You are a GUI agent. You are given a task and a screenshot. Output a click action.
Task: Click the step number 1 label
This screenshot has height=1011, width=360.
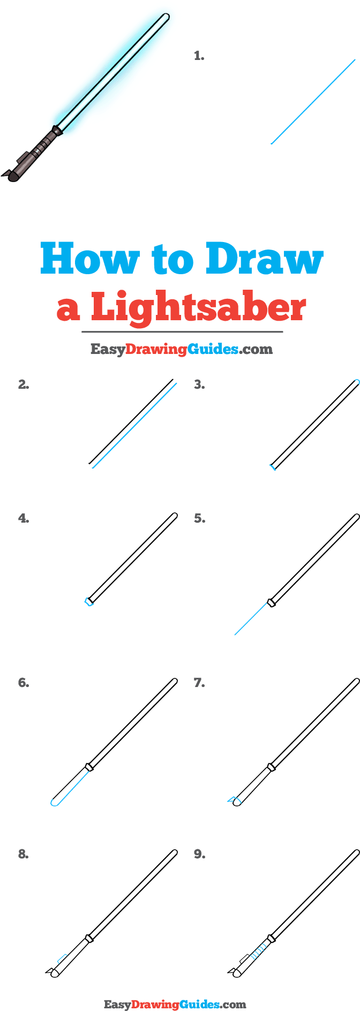click(x=199, y=56)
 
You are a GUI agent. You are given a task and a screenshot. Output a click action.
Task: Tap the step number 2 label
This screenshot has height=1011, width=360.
click(x=24, y=384)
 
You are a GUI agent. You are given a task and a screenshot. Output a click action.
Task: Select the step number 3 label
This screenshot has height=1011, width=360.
click(x=199, y=384)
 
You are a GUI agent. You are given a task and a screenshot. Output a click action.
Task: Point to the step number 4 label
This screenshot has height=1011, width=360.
click(x=24, y=518)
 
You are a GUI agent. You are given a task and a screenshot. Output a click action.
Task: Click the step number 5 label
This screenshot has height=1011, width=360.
click(x=199, y=518)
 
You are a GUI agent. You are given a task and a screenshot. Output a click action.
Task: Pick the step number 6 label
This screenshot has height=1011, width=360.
click(x=24, y=683)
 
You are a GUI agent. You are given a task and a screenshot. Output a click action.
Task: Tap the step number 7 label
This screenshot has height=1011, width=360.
click(x=199, y=683)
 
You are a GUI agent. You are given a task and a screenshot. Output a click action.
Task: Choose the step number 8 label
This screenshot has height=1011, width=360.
click(x=24, y=854)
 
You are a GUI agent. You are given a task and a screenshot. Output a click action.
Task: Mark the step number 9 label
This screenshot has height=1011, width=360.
click(x=199, y=854)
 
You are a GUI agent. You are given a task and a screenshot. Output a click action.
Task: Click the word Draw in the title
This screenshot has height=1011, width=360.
click(x=265, y=259)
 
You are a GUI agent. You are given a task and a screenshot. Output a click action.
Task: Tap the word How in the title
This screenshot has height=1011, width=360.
click(x=89, y=259)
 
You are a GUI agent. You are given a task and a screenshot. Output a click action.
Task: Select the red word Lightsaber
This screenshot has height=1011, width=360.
click(x=198, y=307)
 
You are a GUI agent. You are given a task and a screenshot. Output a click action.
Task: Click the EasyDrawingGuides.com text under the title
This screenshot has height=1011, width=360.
click(x=181, y=350)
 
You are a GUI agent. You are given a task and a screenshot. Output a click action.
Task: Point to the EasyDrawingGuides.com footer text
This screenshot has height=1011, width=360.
click(x=175, y=1005)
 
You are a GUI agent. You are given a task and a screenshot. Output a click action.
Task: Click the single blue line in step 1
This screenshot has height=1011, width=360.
click(x=313, y=102)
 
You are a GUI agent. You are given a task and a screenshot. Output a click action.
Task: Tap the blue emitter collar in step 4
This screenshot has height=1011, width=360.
click(x=88, y=602)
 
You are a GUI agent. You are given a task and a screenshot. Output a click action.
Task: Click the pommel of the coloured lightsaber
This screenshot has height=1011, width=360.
click(x=12, y=174)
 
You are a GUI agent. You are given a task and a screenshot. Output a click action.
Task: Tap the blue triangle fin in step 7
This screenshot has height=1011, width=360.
click(x=233, y=800)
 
